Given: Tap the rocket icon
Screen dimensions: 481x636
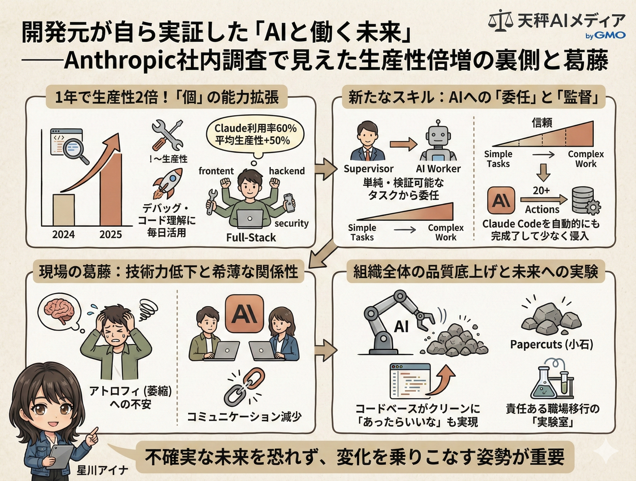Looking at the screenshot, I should click(168, 184).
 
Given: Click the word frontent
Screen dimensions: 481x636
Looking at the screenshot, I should click(216, 171).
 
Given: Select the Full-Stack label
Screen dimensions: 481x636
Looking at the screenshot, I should click(251, 238).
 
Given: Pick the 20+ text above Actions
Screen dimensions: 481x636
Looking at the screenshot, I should click(541, 191).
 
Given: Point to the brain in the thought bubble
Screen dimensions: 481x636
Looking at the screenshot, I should click(59, 311).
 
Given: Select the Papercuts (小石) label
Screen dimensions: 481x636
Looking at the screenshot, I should click(551, 344).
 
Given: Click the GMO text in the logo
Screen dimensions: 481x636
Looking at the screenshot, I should click(610, 36).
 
